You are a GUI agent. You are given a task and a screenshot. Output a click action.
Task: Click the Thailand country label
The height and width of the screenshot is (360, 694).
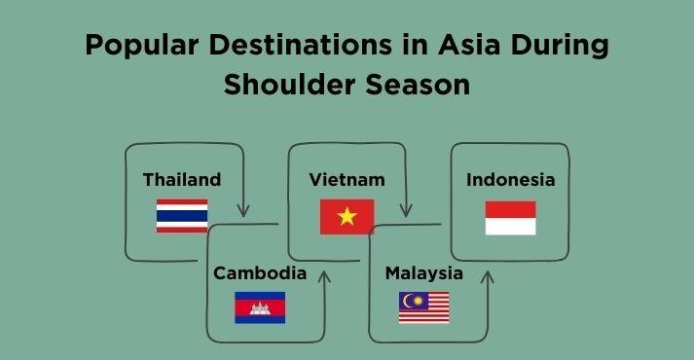[181, 180]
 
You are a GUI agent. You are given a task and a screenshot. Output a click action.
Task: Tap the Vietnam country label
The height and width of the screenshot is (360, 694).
[347, 180]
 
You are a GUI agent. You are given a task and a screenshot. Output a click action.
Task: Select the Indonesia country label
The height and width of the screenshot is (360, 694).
[510, 180]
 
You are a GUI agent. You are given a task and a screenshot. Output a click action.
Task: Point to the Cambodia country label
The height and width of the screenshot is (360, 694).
[260, 273]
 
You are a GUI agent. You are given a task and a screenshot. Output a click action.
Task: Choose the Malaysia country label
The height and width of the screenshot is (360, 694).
[423, 273]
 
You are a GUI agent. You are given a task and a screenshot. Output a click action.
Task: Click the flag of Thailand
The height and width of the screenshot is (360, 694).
[182, 216]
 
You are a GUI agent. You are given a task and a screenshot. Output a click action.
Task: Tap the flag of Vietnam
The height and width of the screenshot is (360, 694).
[347, 217]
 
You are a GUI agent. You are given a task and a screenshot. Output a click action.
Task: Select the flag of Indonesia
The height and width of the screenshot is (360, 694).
[511, 218]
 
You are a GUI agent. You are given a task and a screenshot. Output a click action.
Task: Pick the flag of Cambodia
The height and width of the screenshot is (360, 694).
[260, 307]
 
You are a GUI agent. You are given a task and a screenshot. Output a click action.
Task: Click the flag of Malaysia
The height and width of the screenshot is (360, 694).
[424, 307]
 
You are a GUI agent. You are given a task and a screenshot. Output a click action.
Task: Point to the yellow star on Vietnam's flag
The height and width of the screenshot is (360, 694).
[347, 217]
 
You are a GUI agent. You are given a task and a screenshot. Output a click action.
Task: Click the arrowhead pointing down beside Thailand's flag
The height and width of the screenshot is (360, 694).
[243, 209]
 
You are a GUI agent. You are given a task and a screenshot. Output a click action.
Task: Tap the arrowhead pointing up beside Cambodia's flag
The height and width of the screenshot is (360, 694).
[325, 276]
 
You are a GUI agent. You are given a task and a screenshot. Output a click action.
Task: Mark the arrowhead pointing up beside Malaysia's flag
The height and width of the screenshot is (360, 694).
[488, 277]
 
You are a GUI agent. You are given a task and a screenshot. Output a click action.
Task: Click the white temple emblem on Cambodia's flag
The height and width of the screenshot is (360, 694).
[260, 307]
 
